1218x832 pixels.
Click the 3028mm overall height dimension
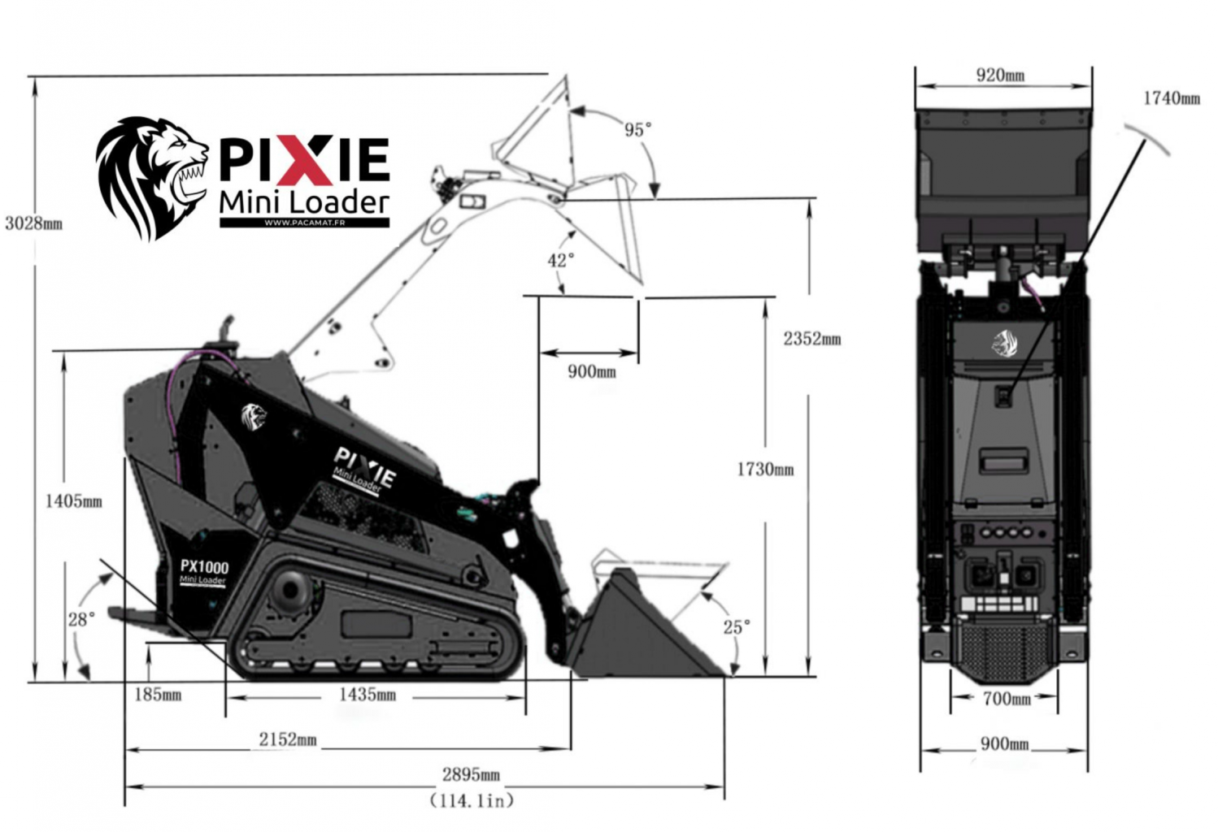33,223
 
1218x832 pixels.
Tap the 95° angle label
637,130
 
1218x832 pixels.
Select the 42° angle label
561,261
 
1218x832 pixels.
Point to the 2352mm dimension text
812,339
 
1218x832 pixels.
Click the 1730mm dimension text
766,469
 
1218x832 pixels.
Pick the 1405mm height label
73,501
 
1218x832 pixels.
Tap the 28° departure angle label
81,619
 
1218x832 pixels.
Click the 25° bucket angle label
737,627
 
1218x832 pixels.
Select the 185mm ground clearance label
158,695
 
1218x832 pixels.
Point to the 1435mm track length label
368,695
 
